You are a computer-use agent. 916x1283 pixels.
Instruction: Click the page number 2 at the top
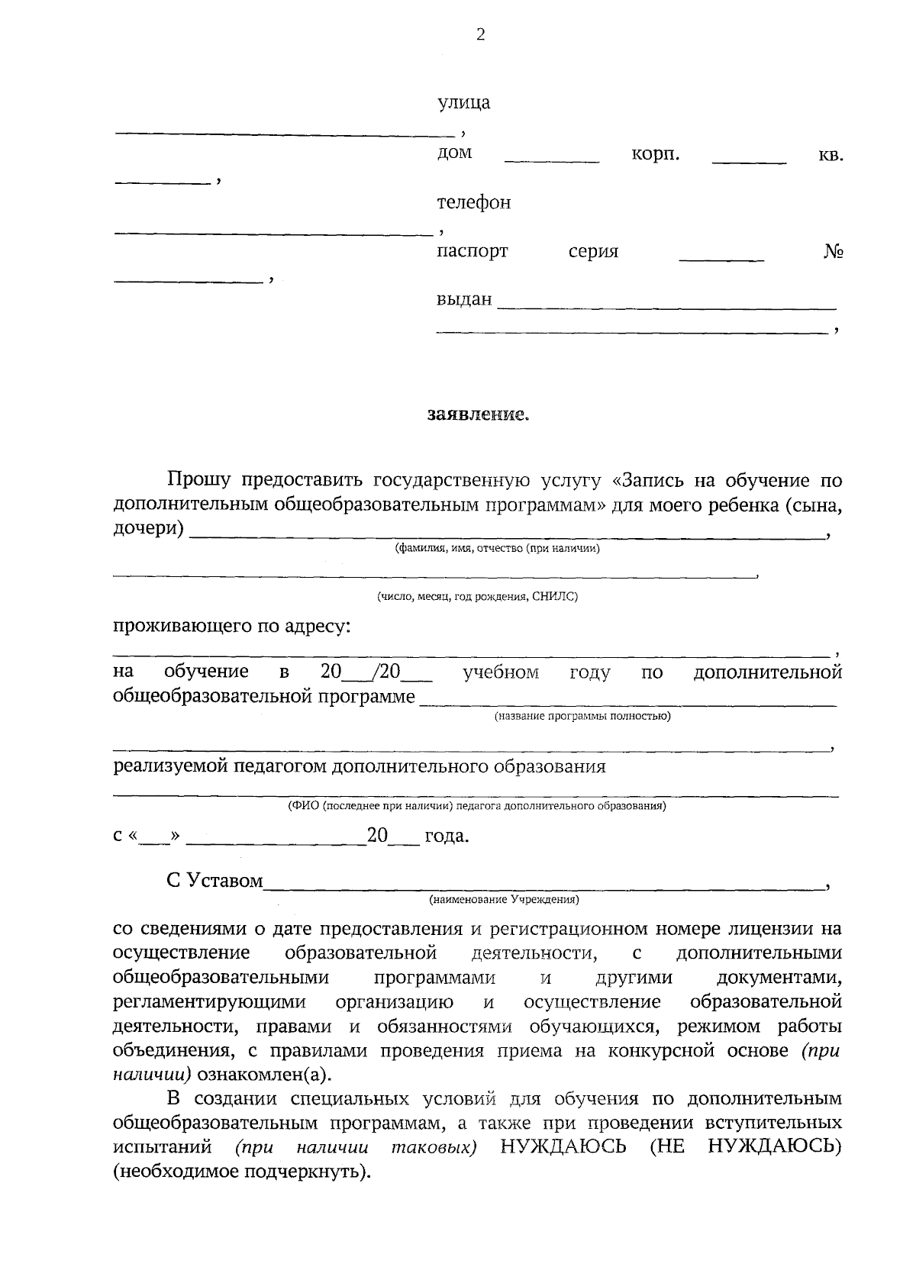click(480, 34)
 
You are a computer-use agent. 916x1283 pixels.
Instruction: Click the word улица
click(463, 102)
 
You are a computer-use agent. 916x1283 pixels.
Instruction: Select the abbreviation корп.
click(656, 153)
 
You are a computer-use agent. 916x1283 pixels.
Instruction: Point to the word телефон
click(473, 203)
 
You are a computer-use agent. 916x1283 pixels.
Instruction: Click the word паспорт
click(472, 251)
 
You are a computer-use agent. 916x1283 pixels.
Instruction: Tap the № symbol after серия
click(833, 251)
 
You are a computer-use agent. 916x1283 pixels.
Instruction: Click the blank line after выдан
click(666, 307)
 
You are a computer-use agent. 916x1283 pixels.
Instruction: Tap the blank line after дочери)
click(507, 537)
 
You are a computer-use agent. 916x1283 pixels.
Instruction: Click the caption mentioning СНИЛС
click(477, 597)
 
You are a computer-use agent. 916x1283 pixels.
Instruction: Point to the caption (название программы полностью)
click(582, 716)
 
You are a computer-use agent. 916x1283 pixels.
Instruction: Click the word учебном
click(501, 672)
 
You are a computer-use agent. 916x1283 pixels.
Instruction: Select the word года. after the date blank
click(447, 837)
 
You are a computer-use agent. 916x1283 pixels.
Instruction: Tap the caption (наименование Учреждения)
click(504, 900)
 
